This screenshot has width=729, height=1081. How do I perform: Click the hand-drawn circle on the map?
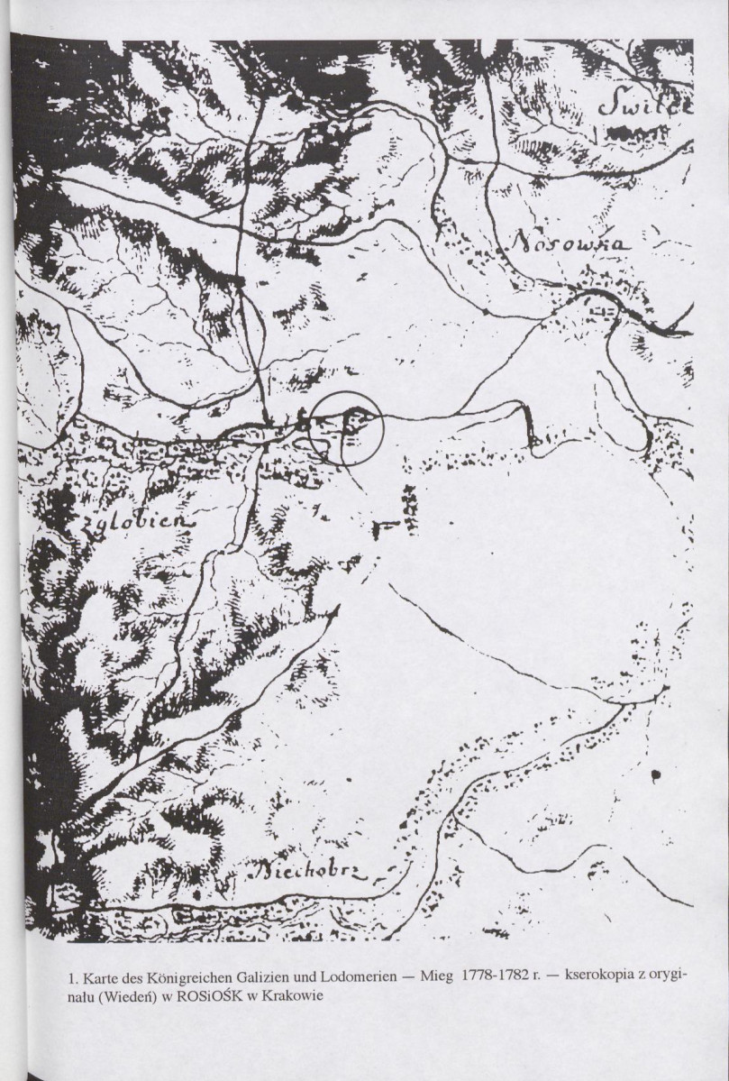click(347, 429)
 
